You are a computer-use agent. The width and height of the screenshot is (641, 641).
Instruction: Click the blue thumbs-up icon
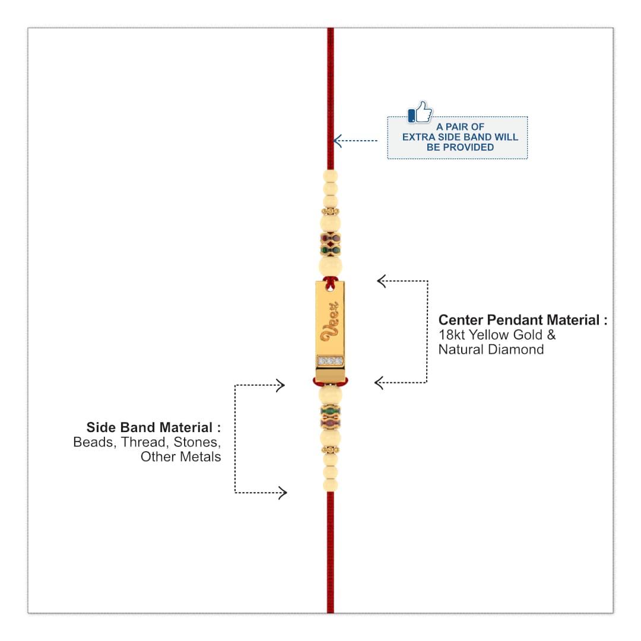[420, 112]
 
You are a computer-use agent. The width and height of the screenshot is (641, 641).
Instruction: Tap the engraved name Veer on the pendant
[331, 322]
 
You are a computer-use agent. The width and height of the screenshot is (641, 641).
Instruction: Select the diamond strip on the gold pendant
[331, 361]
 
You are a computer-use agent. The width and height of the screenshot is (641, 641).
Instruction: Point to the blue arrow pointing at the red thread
[356, 141]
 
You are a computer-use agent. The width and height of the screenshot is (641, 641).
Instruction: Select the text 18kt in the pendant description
[452, 335]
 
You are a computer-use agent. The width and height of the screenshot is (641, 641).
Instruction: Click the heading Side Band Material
[149, 427]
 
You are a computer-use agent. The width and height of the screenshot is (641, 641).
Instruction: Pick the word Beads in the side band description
[93, 442]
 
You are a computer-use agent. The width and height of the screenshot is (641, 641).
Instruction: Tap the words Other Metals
[180, 456]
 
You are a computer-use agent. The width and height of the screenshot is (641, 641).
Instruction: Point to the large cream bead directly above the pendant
[331, 266]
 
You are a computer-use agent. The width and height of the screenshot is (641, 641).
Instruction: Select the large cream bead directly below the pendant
[331, 396]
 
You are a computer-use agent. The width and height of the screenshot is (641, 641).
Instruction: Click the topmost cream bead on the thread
[331, 176]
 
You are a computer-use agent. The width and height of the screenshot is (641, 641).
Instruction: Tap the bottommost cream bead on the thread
[331, 485]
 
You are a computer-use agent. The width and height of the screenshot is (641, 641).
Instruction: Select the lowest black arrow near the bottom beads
[261, 493]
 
